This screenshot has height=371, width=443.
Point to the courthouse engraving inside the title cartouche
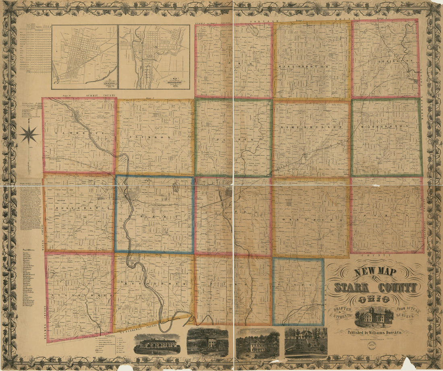tap(374, 316)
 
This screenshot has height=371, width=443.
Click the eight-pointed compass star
tap(29, 134)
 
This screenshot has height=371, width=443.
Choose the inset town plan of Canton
tap(85, 57)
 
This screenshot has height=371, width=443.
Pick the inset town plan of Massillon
tap(154, 57)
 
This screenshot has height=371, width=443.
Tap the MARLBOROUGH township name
tap(311, 66)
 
